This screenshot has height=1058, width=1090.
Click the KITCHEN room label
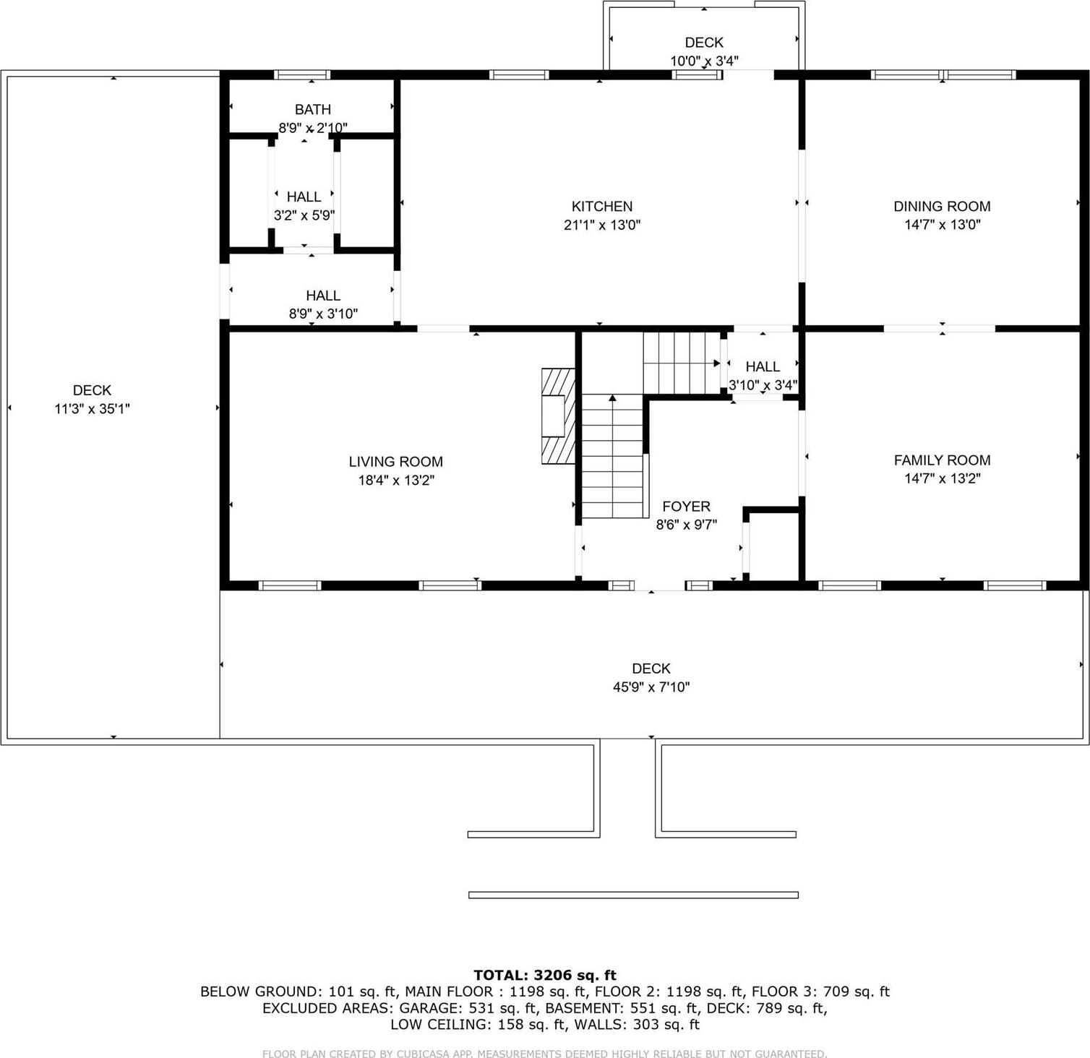[601, 207]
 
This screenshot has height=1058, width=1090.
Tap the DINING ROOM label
[941, 207]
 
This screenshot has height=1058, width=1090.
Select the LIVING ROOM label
[395, 462]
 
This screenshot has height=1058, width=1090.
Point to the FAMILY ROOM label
[941, 460]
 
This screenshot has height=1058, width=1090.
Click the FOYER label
[686, 507]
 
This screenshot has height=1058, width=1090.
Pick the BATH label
[312, 110]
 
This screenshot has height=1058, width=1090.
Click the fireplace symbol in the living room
[557, 416]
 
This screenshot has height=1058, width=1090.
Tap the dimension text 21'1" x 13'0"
[601, 225]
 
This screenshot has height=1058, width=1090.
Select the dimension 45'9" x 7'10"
[651, 687]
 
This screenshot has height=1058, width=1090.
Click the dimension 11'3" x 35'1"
[92, 409]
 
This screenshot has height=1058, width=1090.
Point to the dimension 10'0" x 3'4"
[703, 61]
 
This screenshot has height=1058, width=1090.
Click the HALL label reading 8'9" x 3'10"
[322, 296]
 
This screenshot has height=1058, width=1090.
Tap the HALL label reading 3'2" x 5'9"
[304, 197]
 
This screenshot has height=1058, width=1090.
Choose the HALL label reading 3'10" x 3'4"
[762, 367]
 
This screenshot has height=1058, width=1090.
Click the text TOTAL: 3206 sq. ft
[544, 976]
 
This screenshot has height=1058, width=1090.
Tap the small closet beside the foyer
[773, 546]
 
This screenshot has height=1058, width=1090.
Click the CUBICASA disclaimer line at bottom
[544, 1054]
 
